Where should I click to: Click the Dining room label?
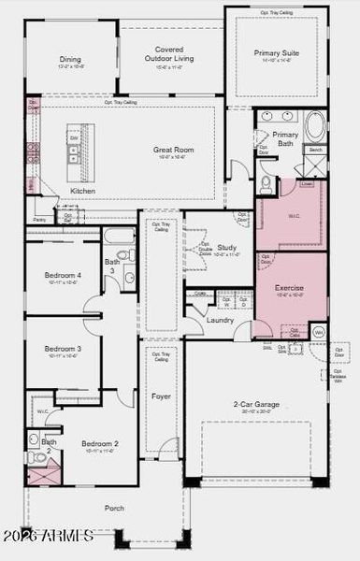[x=70, y=58]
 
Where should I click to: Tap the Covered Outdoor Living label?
[x=170, y=55]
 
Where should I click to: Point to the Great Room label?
[x=173, y=149]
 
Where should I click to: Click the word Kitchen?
[x=83, y=191]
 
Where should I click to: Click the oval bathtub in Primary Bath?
[x=314, y=125]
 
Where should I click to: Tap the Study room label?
[x=226, y=248]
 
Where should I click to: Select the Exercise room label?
[x=289, y=288]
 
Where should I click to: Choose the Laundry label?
[x=221, y=320]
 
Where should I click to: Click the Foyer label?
[x=161, y=396]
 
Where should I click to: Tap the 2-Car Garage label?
[x=255, y=404]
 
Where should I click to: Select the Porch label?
[x=114, y=509]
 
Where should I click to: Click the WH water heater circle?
[x=318, y=332]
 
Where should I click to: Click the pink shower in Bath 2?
[x=42, y=474]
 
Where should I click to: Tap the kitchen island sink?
[x=73, y=151]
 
